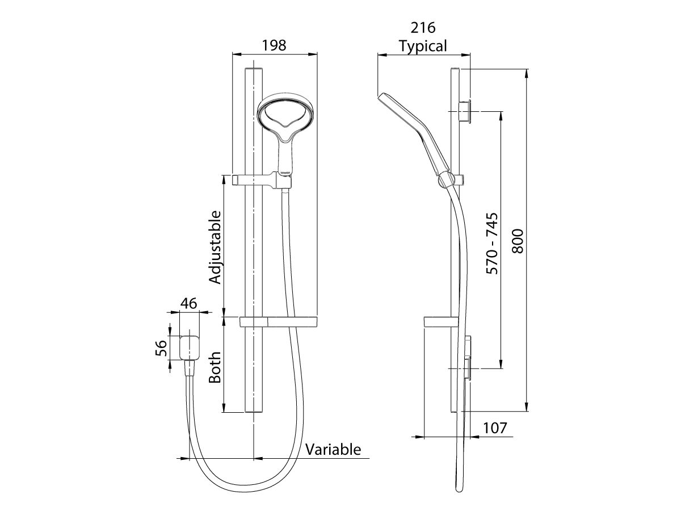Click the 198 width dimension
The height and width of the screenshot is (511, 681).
point(274,45)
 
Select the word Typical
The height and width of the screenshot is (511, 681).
point(423,45)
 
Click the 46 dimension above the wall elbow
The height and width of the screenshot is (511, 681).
point(188,304)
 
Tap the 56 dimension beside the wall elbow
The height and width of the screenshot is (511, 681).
point(161,347)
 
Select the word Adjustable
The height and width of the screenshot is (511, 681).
point(215,247)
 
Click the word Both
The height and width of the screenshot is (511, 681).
point(215,367)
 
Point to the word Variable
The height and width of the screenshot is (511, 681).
point(333,450)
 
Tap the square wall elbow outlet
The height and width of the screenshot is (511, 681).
point(188,347)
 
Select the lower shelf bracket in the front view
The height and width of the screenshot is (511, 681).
point(278,322)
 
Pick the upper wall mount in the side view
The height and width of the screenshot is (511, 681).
point(465,111)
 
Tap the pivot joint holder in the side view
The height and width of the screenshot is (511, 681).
point(446,181)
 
